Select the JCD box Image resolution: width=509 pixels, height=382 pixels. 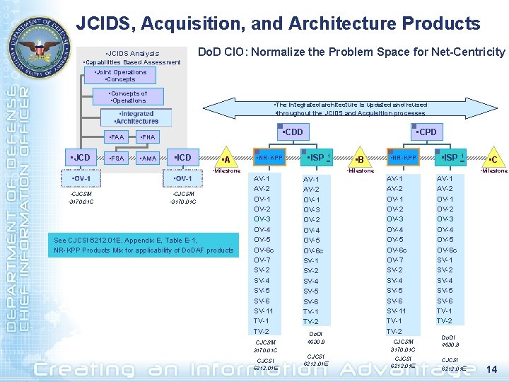click(81, 157)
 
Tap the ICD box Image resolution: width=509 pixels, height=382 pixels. click(184, 157)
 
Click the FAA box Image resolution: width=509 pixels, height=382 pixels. click(117, 137)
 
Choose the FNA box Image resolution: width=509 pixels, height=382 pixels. click(148, 137)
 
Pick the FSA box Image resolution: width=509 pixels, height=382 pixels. click(117, 158)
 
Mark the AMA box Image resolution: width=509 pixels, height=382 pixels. click(148, 158)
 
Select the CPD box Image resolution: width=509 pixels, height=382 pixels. click(426, 132)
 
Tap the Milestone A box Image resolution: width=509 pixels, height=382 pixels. click(226, 160)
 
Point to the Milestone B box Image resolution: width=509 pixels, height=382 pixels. click(359, 160)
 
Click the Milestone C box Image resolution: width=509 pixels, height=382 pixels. click(493, 160)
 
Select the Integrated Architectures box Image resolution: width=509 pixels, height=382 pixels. click(136, 117)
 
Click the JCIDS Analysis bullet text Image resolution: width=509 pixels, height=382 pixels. click(132, 54)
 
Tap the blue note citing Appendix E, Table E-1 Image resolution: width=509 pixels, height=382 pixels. click(144, 245)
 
